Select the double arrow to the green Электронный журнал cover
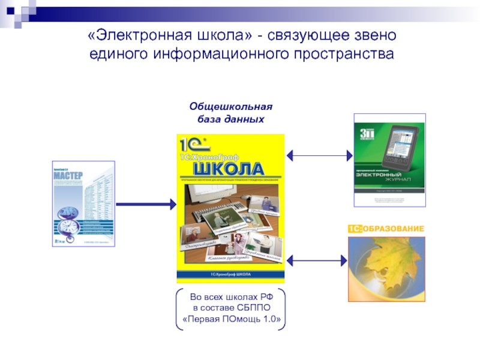coord(319,155)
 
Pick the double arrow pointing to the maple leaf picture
coord(317,260)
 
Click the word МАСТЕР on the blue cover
coord(68,178)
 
